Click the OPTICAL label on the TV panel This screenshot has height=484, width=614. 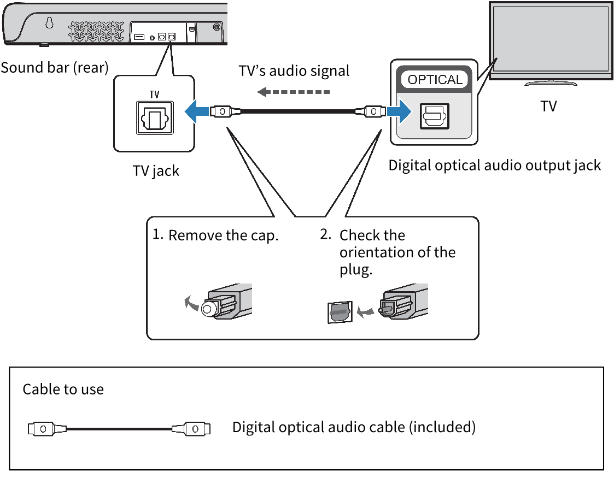click(435, 80)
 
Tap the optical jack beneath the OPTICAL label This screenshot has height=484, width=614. click(434, 116)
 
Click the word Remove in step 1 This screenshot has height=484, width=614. click(195, 236)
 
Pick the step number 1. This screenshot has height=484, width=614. click(157, 235)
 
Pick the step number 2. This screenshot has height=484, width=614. click(325, 235)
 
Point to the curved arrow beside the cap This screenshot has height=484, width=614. click(191, 302)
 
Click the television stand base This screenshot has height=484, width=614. click(551, 84)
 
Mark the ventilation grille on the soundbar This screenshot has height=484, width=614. click(96, 31)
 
